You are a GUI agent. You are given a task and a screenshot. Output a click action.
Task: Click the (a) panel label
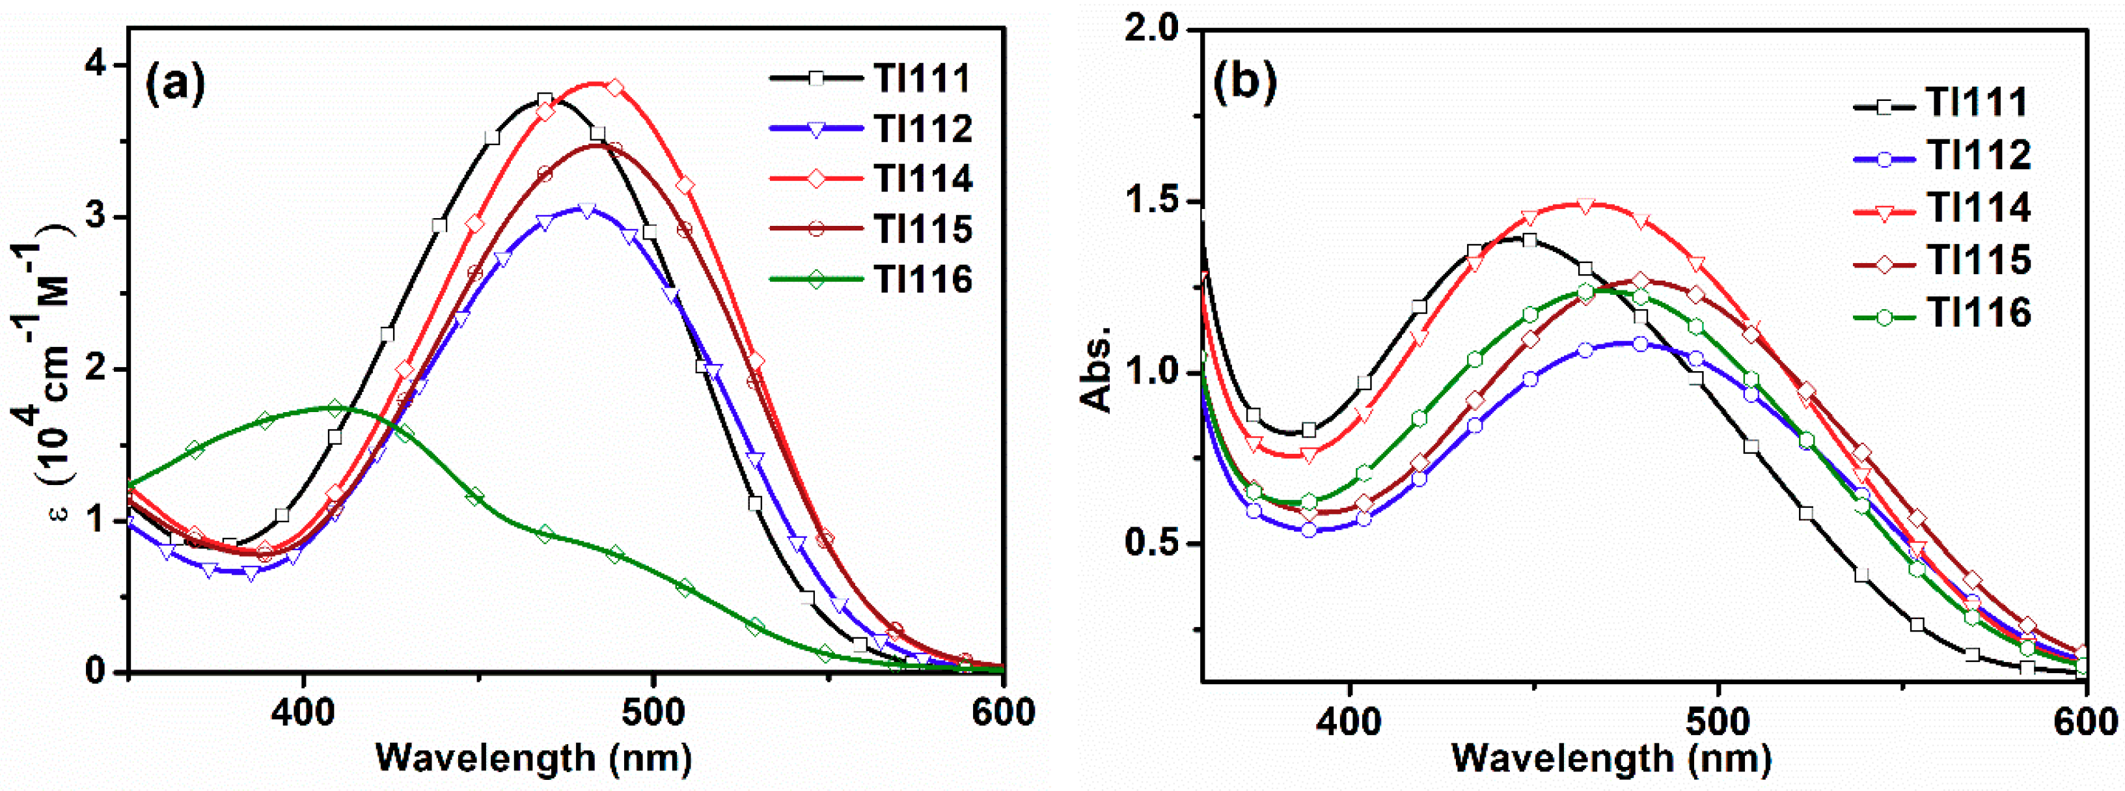pyautogui.click(x=175, y=83)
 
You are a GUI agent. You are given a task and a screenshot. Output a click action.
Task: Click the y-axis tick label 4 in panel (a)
pyautogui.click(x=103, y=65)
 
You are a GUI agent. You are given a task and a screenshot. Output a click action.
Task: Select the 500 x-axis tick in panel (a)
pyautogui.click(x=653, y=711)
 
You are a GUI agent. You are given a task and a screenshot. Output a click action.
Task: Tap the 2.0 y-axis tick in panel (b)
pyautogui.click(x=1151, y=31)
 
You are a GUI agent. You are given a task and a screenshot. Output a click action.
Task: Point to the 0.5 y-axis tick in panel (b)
pyautogui.click(x=1151, y=544)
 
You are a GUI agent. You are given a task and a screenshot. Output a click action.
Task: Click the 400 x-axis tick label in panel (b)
pyautogui.click(x=1349, y=721)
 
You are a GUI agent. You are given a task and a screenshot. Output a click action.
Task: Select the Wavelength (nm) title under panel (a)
pyautogui.click(x=533, y=757)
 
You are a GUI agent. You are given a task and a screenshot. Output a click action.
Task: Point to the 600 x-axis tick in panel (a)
pyautogui.click(x=1003, y=711)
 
